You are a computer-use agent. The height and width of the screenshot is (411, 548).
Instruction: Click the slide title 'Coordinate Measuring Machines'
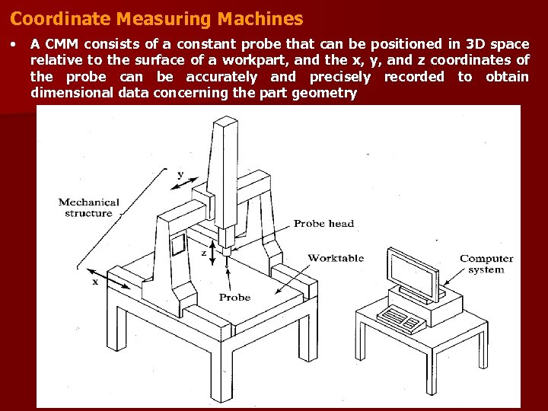pos(156,18)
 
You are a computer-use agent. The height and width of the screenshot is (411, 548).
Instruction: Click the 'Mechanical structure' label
pos(89,208)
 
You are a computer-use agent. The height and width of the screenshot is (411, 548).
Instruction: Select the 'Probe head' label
pos(323,224)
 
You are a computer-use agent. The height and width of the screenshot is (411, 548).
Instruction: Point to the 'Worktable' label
pos(336,259)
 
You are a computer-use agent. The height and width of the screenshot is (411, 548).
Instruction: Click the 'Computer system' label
pos(486,264)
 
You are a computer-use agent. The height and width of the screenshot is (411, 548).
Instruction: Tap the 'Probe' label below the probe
pos(234,298)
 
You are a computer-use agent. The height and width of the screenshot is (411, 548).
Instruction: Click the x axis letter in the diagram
pos(95,282)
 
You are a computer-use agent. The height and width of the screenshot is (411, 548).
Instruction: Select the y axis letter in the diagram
pos(180,175)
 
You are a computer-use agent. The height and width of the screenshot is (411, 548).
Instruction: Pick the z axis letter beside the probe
pos(203,250)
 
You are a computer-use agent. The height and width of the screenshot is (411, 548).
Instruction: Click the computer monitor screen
pos(412,272)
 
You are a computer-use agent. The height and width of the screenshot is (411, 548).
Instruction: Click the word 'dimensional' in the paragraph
pos(73,94)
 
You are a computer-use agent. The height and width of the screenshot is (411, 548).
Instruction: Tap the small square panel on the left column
pos(177,244)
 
